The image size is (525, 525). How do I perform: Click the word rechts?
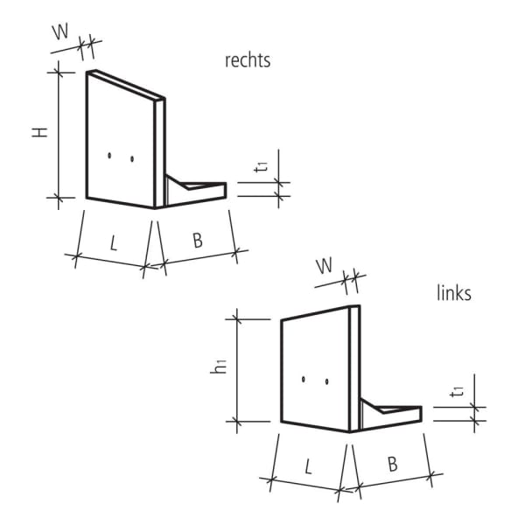tap(248, 60)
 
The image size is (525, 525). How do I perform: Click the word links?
tap(453, 293)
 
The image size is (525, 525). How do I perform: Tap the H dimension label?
tap(39, 133)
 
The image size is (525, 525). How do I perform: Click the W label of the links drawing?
tap(325, 265)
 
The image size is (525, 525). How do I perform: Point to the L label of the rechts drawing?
tap(113, 243)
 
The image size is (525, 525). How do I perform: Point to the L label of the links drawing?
tap(308, 466)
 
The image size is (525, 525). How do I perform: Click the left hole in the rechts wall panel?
tap(109, 156)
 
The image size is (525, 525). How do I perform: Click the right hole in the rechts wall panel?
tap(131, 159)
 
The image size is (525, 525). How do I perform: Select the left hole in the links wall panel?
tap(303, 380)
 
